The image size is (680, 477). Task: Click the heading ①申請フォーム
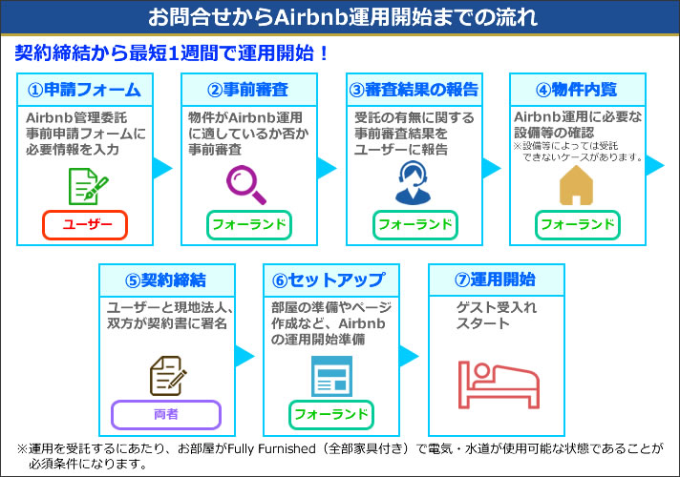(85, 90)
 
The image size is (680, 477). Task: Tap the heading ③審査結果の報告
(414, 90)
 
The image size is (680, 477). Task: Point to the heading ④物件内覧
(577, 90)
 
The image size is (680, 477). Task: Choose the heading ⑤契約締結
(166, 280)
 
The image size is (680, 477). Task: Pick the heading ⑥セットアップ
(329, 280)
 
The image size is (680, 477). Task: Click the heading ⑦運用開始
(495, 280)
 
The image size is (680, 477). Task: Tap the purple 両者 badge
(166, 415)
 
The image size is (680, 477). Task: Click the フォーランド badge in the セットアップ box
(330, 415)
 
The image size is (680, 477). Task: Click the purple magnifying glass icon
(246, 183)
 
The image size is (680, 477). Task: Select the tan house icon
(577, 185)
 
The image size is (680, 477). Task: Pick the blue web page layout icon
(330, 374)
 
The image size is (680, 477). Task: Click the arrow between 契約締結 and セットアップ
(245, 356)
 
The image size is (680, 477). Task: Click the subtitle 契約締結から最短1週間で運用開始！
(172, 53)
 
